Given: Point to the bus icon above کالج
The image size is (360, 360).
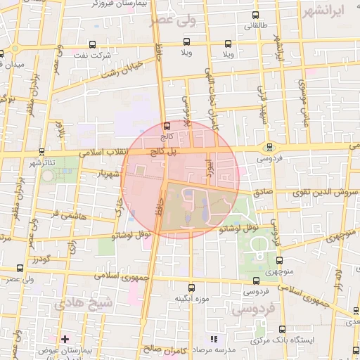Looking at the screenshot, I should (167, 127).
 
